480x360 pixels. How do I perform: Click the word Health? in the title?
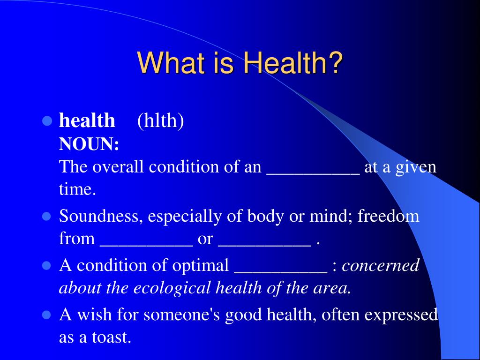click(x=293, y=62)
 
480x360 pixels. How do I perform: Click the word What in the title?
click(x=171, y=62)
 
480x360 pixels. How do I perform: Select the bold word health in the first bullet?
click(x=87, y=120)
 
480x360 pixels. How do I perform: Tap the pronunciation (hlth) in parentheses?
click(x=161, y=120)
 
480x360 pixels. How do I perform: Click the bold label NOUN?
click(x=89, y=144)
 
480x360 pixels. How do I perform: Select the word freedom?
click(x=388, y=216)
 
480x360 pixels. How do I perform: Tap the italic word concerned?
click(x=381, y=265)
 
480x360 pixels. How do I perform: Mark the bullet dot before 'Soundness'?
click(x=46, y=217)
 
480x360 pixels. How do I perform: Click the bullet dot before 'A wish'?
click(x=46, y=315)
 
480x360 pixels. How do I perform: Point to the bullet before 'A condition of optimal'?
click(x=46, y=265)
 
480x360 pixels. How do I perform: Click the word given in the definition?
click(x=416, y=167)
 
